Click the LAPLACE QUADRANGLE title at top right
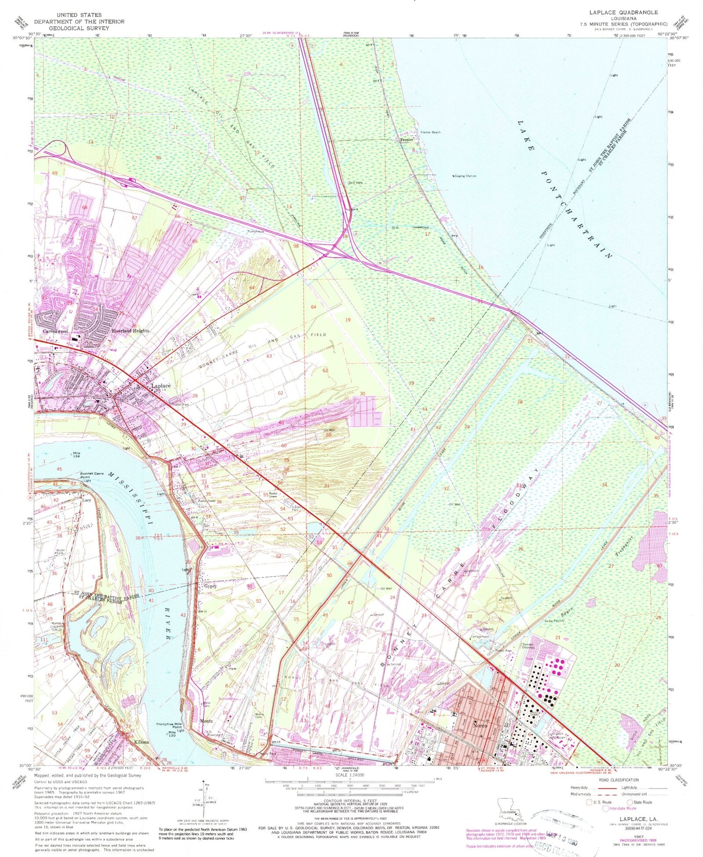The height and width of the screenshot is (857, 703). tap(623, 13)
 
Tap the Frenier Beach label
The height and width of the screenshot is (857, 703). tap(430, 132)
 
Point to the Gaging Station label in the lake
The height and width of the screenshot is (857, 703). tap(465, 176)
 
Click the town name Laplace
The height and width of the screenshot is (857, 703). tap(160, 386)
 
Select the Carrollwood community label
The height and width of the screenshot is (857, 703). tap(55, 331)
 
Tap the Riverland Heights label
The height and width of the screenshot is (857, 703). tap(130, 331)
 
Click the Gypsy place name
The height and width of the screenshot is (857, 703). tap(210, 586)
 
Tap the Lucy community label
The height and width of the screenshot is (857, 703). tap(87, 500)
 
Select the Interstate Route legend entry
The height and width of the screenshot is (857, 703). tap(623, 808)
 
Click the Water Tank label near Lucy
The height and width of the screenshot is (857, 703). tap(60, 552)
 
